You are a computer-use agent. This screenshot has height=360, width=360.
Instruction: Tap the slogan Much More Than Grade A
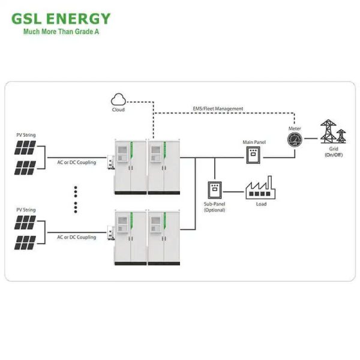pos(61,32)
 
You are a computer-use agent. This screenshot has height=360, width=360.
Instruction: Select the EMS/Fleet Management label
pos(218,109)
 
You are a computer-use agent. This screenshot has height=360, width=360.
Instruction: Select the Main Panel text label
pos(254,142)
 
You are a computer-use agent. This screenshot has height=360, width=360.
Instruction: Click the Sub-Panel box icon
pos(214,190)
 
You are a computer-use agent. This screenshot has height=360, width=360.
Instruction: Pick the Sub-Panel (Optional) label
pos(214,207)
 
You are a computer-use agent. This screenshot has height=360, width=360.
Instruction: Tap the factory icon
pos(259,188)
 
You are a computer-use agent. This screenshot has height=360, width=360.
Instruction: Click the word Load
pos(259,204)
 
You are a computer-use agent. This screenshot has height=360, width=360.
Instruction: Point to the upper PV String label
pos(26,135)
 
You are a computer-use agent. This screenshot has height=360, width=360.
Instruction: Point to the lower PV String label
pos(26,210)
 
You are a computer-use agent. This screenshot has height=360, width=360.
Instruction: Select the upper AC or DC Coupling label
pos(76,162)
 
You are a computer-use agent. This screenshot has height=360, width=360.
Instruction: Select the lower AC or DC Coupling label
pos(76,237)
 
